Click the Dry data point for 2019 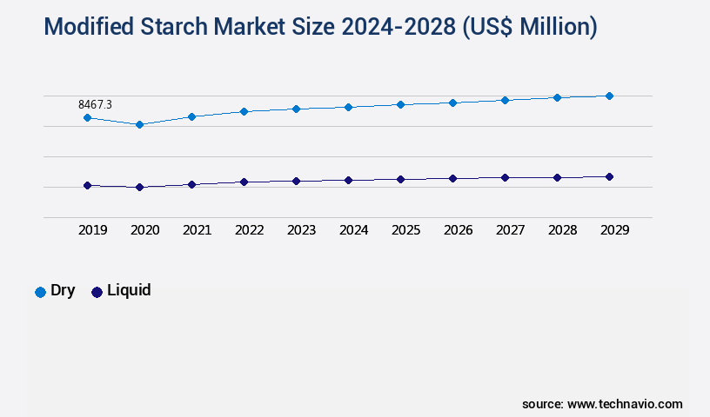tap(87, 117)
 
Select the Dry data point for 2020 tap(139, 124)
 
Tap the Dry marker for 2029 tap(609, 96)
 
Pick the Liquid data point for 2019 tap(87, 185)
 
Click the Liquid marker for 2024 tap(348, 180)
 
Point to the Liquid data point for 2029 tap(609, 176)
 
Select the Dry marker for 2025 tap(400, 104)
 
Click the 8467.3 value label tap(96, 104)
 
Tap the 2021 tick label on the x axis tap(197, 230)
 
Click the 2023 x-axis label tap(301, 230)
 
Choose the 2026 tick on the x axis tap(458, 230)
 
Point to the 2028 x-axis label tap(562, 230)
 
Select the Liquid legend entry tap(121, 291)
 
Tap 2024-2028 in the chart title tap(401, 27)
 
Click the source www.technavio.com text tap(602, 404)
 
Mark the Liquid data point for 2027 tap(505, 177)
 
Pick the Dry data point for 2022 tap(244, 111)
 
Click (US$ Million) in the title tap(531, 27)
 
